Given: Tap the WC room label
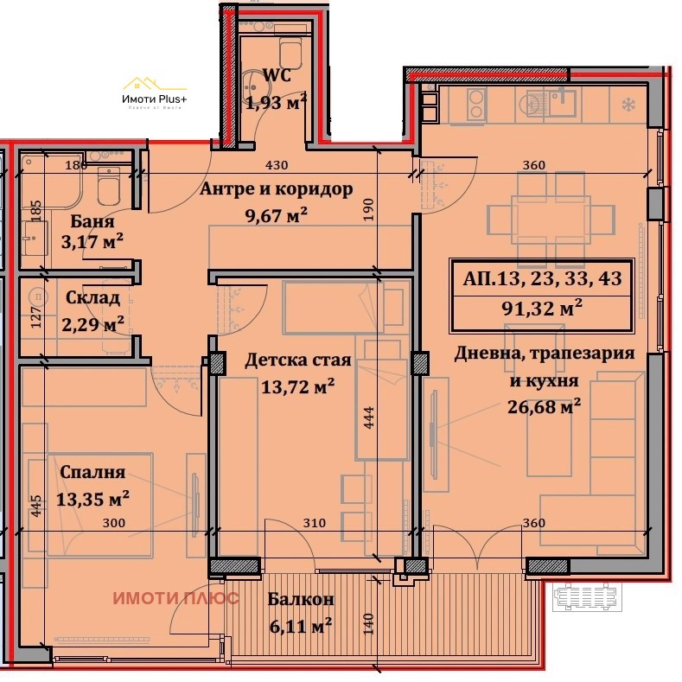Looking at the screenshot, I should (x=277, y=76).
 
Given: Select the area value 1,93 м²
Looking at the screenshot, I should (x=277, y=104).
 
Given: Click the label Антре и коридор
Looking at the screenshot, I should (x=276, y=189).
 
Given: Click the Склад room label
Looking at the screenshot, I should (x=92, y=298).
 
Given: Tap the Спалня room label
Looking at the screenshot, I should (x=92, y=472).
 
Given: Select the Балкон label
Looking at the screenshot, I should (x=301, y=598).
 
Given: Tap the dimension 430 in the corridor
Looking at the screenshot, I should (x=277, y=165).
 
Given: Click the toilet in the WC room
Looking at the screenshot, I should (x=292, y=54).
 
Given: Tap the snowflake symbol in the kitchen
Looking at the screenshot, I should (x=627, y=106).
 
